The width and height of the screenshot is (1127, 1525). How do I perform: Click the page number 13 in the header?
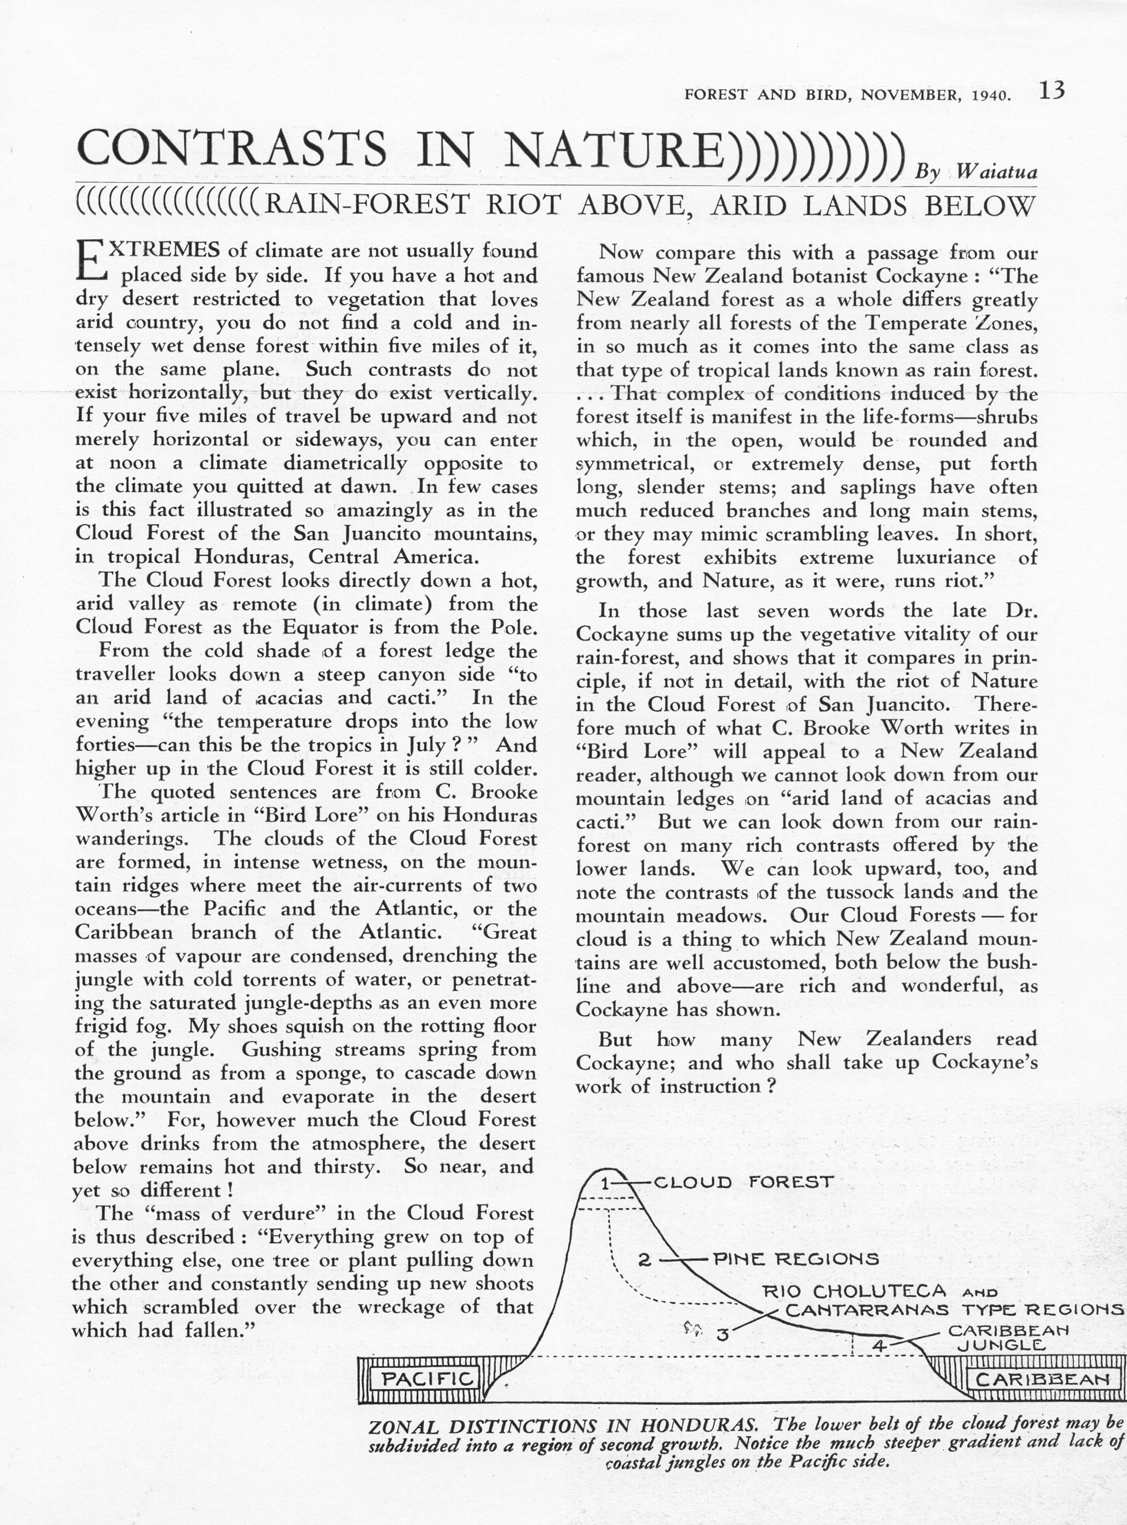coord(1052,92)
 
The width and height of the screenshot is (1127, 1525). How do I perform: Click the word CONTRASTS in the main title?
coord(232,149)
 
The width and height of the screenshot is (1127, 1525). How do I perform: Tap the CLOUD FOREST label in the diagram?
coord(743,1182)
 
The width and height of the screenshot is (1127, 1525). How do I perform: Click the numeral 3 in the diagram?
coord(723,1335)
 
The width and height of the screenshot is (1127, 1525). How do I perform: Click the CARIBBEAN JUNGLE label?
coord(1001,1338)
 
